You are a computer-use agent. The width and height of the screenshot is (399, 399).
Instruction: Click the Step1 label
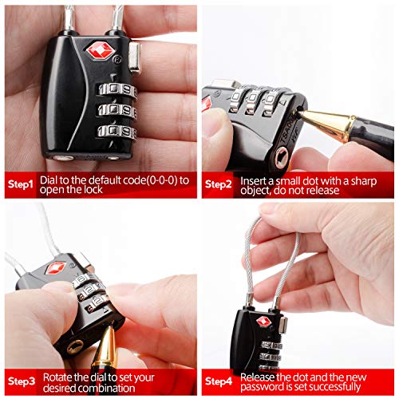click(x=20, y=184)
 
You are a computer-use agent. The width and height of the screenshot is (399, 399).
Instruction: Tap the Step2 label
click(x=219, y=184)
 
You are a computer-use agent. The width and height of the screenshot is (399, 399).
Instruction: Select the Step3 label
click(x=22, y=381)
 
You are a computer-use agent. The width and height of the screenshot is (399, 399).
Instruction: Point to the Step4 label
click(x=219, y=381)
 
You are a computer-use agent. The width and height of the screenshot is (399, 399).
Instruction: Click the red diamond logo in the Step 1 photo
click(x=101, y=51)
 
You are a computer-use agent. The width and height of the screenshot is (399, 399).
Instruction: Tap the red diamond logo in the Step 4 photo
click(x=263, y=322)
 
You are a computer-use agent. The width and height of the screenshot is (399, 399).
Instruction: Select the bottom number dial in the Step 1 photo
click(x=117, y=132)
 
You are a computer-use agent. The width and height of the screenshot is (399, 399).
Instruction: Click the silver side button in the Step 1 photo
click(x=135, y=57)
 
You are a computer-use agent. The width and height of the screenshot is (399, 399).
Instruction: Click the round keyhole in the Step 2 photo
click(x=281, y=157)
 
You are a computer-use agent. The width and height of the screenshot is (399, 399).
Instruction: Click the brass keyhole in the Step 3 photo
click(x=75, y=346)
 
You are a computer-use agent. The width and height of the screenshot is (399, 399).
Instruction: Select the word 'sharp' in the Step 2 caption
click(x=364, y=182)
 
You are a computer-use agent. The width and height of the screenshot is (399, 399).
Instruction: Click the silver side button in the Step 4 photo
click(x=283, y=324)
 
